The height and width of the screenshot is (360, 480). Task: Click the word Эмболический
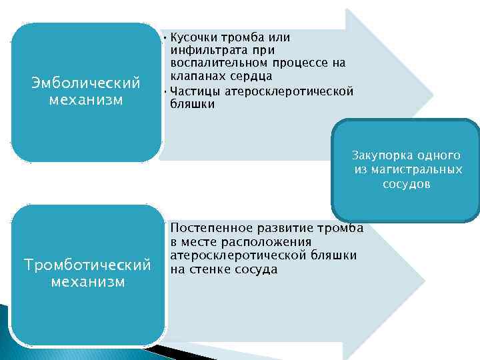(x=86, y=83)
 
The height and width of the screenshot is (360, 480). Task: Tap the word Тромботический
(x=87, y=265)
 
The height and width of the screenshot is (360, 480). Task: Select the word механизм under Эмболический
(x=86, y=100)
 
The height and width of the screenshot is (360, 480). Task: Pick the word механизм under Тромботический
(x=87, y=281)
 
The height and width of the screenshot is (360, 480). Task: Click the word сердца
(x=249, y=77)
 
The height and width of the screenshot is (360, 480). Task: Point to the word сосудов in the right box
(x=406, y=183)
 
